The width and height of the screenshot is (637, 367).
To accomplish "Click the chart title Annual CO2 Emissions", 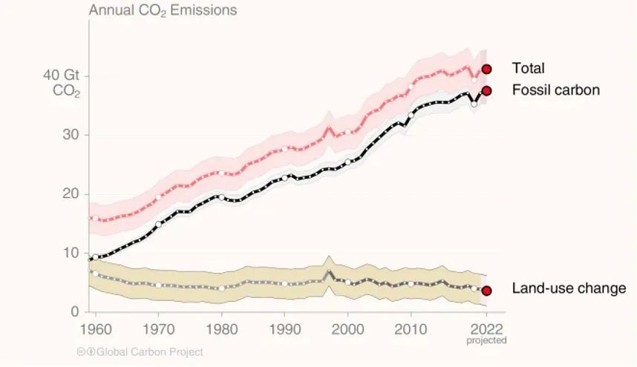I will point(163,10).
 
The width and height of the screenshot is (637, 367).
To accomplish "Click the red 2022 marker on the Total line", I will point(486,69).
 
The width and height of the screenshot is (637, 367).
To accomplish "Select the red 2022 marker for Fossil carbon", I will point(486,90).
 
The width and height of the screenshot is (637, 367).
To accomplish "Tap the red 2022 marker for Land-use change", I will point(486,291).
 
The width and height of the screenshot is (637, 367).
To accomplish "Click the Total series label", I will point(528,68).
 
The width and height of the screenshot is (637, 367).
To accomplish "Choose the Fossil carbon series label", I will point(555,90).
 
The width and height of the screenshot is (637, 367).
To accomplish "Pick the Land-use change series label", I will point(569,288).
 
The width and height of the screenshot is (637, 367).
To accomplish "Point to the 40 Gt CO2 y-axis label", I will point(66,84).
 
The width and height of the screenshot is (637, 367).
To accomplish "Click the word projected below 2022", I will point(486,341).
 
